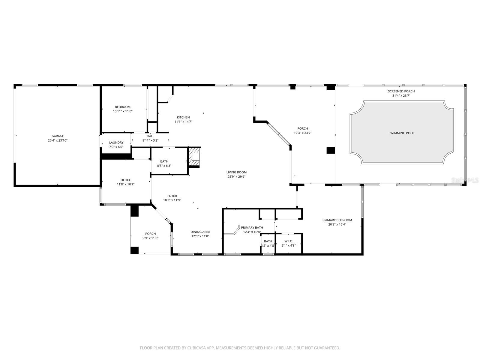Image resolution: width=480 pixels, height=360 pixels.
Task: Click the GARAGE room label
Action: point(58,136)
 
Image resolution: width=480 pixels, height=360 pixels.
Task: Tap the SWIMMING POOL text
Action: point(401,133)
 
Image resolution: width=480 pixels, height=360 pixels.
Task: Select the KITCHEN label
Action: point(183,117)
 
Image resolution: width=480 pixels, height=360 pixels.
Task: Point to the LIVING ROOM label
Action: point(236,172)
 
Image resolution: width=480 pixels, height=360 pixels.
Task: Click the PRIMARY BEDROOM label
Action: point(337,220)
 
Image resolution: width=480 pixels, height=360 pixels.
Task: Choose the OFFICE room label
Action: point(125,180)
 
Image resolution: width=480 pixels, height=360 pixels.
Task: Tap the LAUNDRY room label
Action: point(116,142)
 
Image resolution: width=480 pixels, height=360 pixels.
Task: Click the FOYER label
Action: point(172,196)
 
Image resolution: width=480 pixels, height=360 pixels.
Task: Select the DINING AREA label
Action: point(200,232)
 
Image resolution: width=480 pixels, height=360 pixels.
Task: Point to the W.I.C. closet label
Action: point(288,241)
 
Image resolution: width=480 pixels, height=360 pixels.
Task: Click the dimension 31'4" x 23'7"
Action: point(401,95)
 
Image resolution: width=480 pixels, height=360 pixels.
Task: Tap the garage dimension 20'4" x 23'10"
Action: point(58,140)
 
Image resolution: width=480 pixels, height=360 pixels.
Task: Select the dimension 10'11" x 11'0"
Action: point(122,111)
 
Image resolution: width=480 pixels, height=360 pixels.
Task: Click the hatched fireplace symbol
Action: point(194,157)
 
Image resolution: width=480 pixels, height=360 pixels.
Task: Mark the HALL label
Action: point(151,136)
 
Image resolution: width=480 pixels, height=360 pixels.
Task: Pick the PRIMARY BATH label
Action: point(252,227)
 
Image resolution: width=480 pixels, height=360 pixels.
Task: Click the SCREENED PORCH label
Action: point(401,91)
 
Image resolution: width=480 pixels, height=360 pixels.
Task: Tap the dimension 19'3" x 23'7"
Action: point(302,133)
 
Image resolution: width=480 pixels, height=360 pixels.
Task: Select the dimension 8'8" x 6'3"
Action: point(164,166)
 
